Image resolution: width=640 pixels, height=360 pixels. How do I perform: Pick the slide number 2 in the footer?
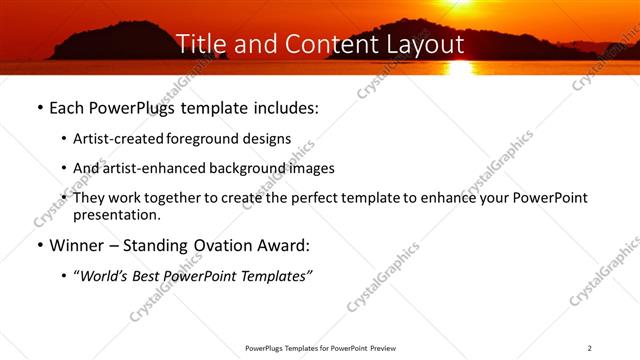[590, 348]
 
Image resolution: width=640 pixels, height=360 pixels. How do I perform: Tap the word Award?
[291, 245]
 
